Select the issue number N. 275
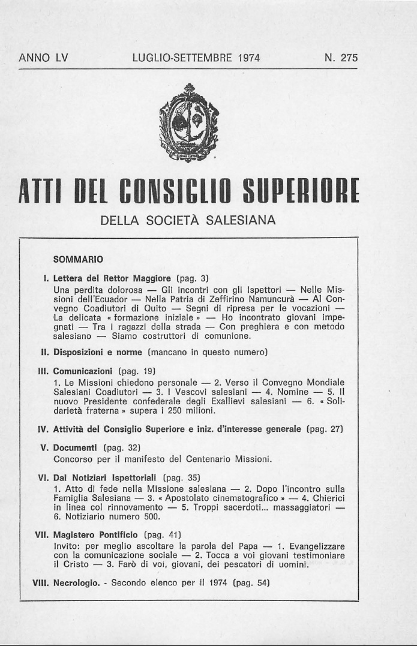click(x=341, y=58)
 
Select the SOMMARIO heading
click(x=78, y=260)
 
